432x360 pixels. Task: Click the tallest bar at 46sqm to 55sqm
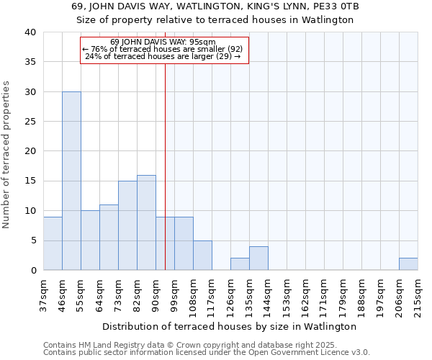coord(71,181)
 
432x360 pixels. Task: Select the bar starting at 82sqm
coord(146,222)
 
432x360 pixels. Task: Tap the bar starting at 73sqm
coord(127,225)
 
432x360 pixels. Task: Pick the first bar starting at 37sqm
coord(53,243)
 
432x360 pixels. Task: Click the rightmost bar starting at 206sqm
coord(408,264)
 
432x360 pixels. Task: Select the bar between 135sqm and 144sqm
coord(258,258)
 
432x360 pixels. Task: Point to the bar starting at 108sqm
coord(202,255)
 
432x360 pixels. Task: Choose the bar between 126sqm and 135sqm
coord(240,264)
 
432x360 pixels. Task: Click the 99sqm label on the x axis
coord(174,294)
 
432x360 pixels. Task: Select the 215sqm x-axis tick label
coord(418,296)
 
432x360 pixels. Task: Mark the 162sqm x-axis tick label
coord(305,296)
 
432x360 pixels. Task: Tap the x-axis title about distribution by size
coord(230,326)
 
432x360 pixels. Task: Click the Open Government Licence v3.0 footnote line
coord(206,353)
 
